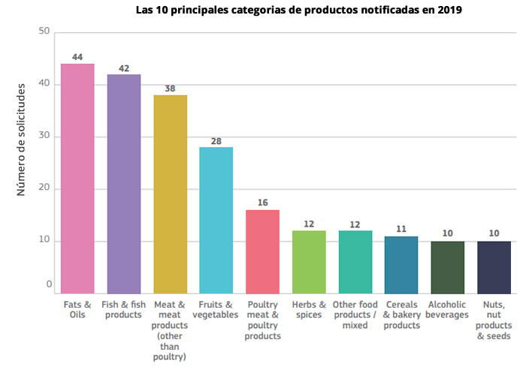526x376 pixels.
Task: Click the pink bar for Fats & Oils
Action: (x=77, y=178)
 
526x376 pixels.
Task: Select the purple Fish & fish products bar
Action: (x=124, y=183)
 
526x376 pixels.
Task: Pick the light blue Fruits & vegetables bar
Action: (x=216, y=220)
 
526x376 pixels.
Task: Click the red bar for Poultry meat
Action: (x=263, y=251)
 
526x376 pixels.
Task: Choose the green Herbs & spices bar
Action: (x=309, y=262)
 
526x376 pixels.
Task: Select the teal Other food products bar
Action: (x=355, y=262)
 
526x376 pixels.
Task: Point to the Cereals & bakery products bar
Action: (x=401, y=264)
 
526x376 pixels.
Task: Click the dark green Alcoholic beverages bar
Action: (x=448, y=267)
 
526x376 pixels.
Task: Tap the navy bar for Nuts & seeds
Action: (x=494, y=267)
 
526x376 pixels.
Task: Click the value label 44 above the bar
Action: (x=77, y=57)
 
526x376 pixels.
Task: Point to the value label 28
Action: (x=216, y=141)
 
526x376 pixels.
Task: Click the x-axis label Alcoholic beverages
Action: (x=447, y=310)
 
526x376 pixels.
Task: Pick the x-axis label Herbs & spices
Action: (x=309, y=310)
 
